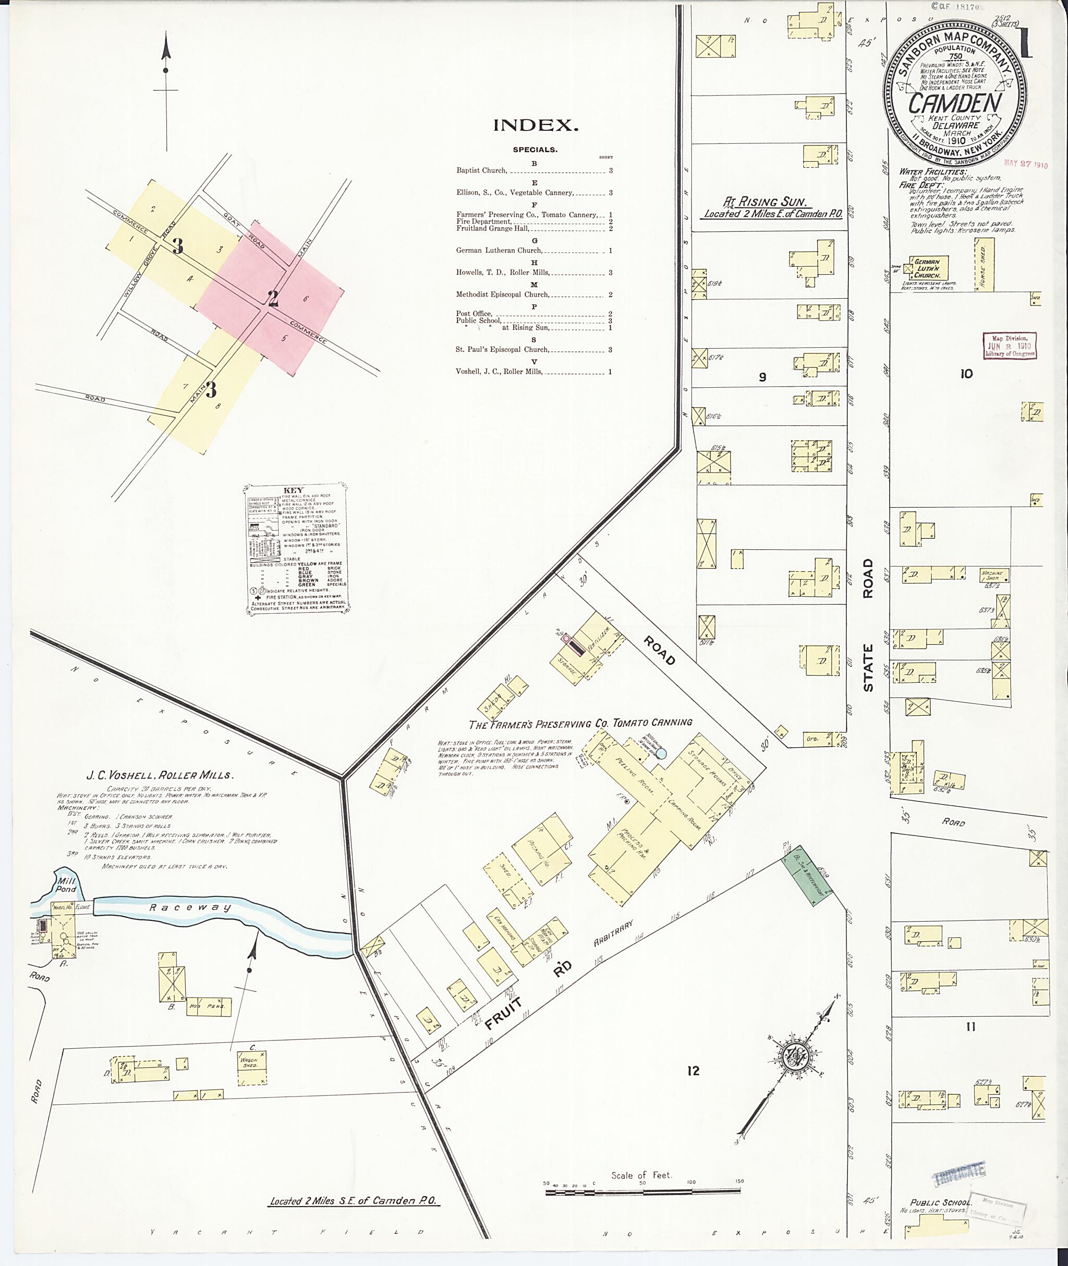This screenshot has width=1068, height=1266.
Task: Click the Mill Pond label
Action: point(66,886)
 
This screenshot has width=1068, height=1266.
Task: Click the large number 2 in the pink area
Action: point(273,298)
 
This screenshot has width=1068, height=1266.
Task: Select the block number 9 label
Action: point(763,377)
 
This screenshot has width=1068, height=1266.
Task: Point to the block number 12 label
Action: point(693,1071)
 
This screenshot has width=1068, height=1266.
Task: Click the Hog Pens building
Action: point(208,1006)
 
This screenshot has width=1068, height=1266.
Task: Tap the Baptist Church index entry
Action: point(482,170)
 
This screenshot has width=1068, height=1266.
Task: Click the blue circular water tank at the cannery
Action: point(662,754)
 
